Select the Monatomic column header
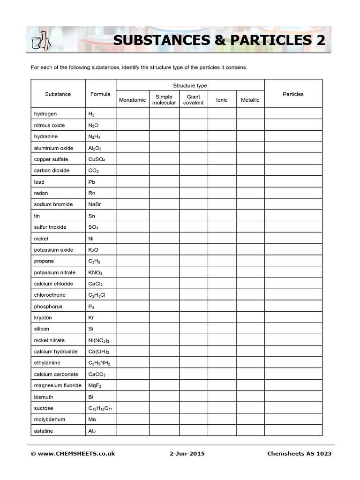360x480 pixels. (x=132, y=100)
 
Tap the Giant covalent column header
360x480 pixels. (x=194, y=100)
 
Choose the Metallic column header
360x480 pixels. (x=250, y=100)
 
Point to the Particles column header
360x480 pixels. (x=293, y=94)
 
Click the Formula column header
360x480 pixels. (x=100, y=94)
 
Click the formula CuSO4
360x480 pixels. (x=97, y=159)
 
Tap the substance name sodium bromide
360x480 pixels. (x=53, y=204)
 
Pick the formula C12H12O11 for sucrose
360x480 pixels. (x=100, y=408)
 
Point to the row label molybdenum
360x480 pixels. (x=49, y=420)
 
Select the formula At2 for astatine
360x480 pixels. (x=93, y=431)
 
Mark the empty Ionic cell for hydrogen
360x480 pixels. (x=222, y=114)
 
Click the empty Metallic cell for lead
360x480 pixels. (x=250, y=182)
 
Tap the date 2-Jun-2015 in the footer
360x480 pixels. (x=187, y=453)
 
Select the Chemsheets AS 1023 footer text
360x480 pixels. (x=299, y=453)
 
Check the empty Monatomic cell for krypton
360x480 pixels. (x=132, y=318)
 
